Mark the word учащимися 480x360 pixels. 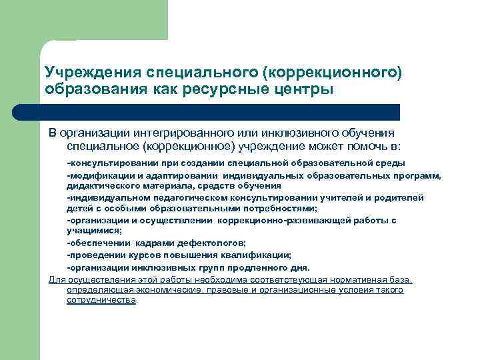tap(93, 231)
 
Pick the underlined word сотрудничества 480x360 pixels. tap(101, 301)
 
